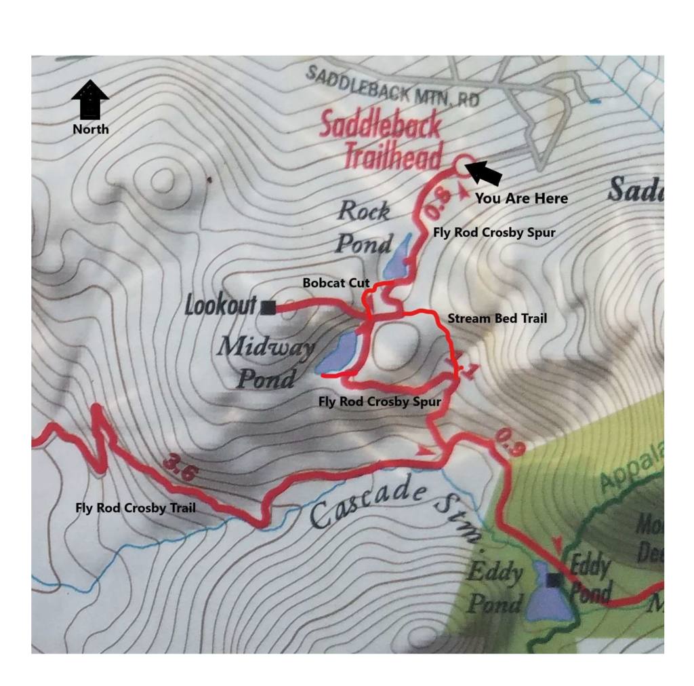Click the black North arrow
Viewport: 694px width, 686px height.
pos(89,100)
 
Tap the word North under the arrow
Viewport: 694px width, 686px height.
pos(90,129)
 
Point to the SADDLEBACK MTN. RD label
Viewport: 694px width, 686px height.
pos(392,85)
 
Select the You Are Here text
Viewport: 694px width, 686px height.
pos(520,199)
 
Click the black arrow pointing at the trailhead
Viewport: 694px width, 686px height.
pos(485,173)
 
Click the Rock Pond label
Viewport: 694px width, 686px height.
pos(365,227)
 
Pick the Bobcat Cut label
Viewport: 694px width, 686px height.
pos(331,282)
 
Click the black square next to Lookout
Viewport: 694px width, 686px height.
pos(268,307)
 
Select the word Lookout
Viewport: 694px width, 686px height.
pos(221,306)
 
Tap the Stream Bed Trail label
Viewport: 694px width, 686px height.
pos(496,318)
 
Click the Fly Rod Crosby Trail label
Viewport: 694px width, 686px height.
pos(135,507)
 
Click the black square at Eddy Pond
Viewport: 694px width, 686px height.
pos(554,579)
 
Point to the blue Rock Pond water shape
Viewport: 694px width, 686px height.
pos(397,258)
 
